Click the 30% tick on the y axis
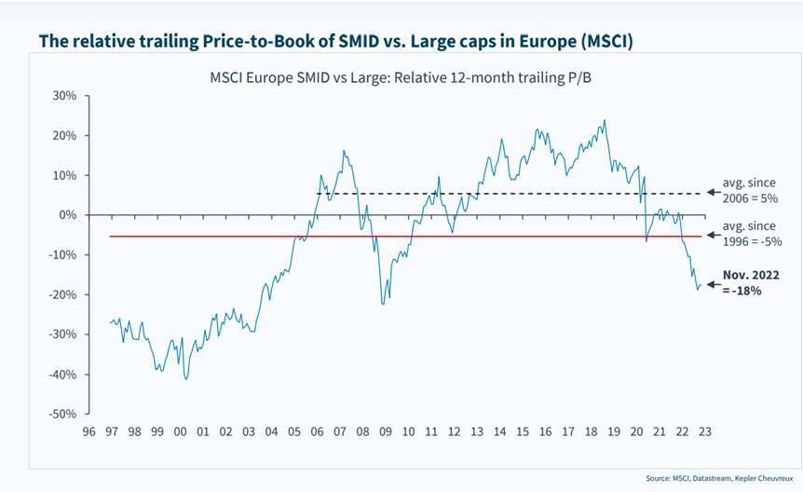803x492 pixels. pos(63,95)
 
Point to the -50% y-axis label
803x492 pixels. pos(61,414)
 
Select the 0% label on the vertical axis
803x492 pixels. pos(68,215)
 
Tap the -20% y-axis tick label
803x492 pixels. pos(61,294)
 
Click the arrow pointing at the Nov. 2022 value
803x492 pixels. pos(712,285)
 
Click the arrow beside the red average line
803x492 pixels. pos(713,237)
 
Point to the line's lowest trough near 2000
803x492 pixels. pos(186,378)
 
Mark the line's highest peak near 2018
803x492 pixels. pos(605,120)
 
